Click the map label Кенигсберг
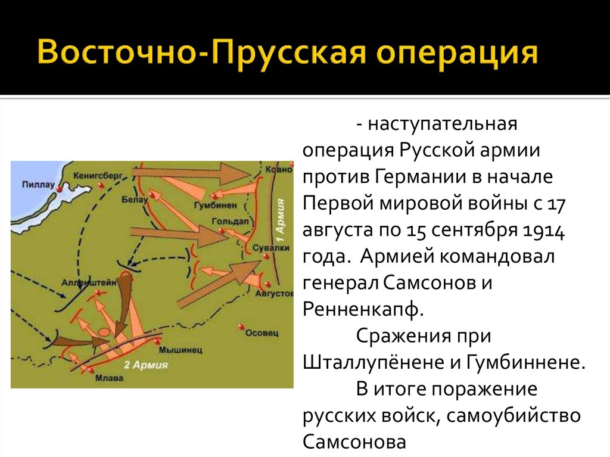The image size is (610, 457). coord(97,176)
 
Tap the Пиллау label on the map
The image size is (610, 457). coord(38,184)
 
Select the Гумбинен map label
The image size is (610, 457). coord(215,205)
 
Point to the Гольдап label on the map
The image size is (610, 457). coord(229,221)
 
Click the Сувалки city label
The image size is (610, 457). coord(271,248)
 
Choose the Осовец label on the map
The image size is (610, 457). coord(262,333)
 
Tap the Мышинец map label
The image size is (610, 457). coord(180,350)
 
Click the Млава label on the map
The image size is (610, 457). coord(109,378)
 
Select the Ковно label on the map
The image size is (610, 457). coord(279,169)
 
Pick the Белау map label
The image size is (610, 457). coord(135,200)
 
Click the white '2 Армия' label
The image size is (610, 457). coord(146,365)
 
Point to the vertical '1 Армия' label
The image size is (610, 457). coord(281,221)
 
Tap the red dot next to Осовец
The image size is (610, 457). coord(241,326)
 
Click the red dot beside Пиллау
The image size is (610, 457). coord(59,189)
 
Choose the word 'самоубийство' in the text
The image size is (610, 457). coord(513,415)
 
